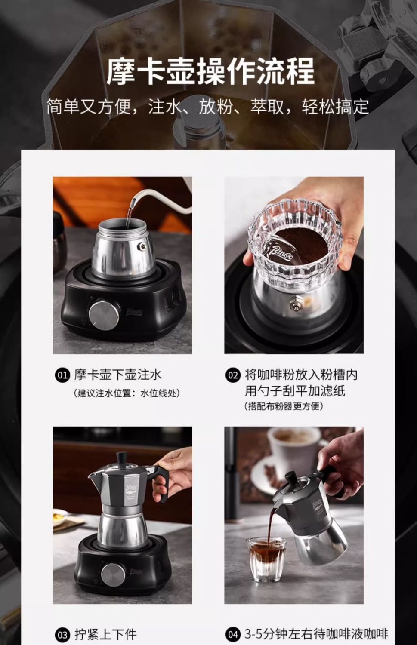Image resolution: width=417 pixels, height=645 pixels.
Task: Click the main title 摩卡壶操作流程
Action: click(210, 71)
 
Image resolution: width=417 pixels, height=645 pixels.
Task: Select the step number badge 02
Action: click(232, 375)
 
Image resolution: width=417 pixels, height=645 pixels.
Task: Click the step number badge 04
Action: click(232, 634)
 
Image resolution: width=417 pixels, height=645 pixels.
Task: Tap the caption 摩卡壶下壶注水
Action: click(118, 375)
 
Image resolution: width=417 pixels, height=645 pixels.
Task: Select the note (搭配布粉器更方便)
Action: click(284, 406)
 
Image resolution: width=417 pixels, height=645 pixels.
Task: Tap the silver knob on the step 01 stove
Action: click(104, 315)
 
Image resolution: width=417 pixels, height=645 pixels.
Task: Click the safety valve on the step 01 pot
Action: click(142, 246)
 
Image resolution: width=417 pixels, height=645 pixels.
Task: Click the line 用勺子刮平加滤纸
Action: click(295, 391)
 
